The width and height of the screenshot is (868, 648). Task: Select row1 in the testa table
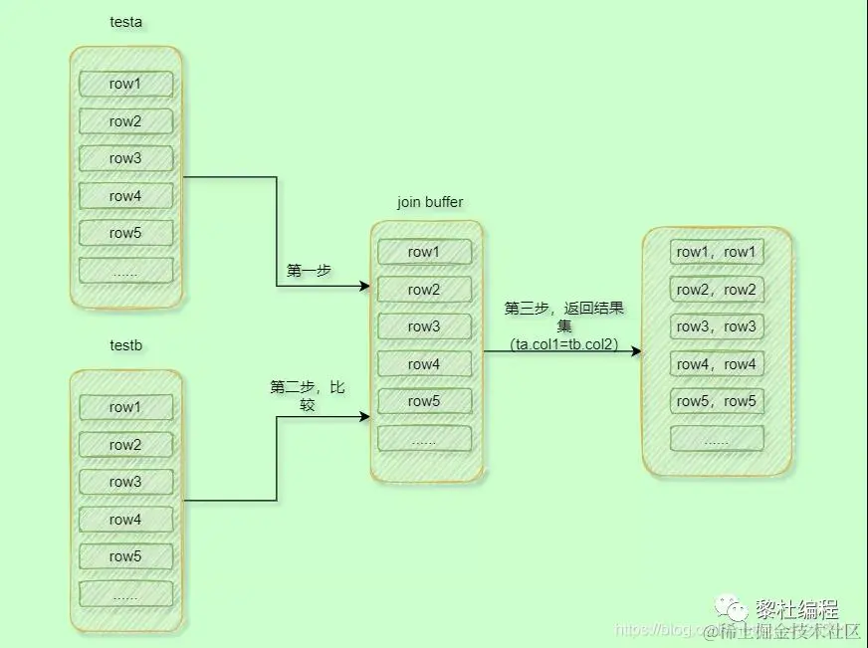[125, 84]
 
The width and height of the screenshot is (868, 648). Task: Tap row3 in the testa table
[125, 158]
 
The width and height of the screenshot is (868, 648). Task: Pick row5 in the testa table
[125, 233]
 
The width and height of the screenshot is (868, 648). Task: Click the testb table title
[125, 345]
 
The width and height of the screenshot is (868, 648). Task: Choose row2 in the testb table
[125, 445]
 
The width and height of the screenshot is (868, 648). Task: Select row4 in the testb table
[125, 520]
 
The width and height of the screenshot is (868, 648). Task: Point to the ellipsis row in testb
[125, 594]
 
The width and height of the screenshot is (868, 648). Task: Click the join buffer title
[430, 202]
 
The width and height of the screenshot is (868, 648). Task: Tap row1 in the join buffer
[424, 252]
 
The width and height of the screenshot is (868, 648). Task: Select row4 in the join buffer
[424, 364]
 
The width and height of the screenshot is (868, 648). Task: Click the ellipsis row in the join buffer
[424, 439]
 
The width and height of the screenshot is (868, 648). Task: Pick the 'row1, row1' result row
[717, 252]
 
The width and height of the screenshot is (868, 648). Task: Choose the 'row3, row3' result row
[717, 326]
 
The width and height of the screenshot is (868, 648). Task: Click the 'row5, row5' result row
[717, 401]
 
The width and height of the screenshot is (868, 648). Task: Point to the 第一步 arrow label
[309, 270]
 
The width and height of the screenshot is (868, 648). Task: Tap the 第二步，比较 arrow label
[307, 395]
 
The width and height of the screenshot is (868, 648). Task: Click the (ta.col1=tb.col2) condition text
[564, 344]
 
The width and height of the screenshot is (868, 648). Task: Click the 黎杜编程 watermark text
[797, 608]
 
